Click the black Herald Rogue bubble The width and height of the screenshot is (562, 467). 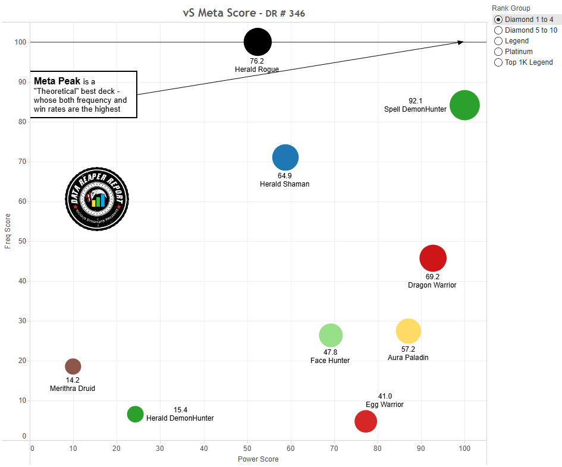258,42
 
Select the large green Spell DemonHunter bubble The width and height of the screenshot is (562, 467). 464,105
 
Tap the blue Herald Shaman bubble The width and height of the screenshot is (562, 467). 285,157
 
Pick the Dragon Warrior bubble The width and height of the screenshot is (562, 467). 433,258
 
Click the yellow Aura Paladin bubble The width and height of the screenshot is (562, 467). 409,331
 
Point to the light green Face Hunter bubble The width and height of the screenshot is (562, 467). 331,335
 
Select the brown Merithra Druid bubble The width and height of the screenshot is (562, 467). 73,367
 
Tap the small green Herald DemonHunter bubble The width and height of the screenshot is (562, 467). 136,414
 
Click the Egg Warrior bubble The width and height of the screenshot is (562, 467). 366,421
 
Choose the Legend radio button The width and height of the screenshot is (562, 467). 498,41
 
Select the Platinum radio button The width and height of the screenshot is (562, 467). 498,52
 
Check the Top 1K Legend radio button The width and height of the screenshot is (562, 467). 498,62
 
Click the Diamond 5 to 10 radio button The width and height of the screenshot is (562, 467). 498,30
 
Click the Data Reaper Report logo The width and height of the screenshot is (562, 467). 97,198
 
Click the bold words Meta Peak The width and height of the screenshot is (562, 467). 57,81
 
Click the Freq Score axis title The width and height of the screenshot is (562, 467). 8,232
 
